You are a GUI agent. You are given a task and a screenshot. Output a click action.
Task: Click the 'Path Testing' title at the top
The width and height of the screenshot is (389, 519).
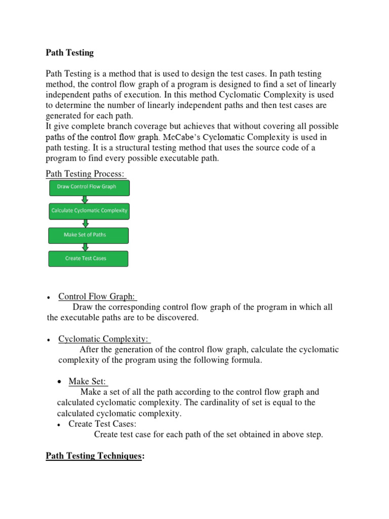point(70,52)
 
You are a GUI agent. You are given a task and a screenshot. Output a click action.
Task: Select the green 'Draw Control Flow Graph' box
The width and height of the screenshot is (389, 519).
point(89,187)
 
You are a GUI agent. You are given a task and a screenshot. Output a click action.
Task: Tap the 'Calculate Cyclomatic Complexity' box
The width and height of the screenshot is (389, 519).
point(89,211)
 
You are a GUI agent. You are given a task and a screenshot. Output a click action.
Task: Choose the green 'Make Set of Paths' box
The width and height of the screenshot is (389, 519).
point(89,235)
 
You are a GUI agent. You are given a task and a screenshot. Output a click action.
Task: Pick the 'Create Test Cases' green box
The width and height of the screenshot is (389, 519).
point(89,258)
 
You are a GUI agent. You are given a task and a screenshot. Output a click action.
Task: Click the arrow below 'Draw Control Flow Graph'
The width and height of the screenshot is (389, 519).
point(85,199)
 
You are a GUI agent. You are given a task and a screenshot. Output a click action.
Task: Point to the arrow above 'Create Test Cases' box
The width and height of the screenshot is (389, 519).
point(85,247)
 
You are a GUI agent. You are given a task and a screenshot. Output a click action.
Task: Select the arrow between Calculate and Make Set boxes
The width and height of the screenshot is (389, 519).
point(86,223)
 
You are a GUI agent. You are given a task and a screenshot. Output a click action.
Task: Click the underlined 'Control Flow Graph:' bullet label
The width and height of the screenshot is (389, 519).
point(98,296)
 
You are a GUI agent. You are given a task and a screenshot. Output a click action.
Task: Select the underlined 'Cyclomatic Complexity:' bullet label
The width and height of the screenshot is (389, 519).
point(104,339)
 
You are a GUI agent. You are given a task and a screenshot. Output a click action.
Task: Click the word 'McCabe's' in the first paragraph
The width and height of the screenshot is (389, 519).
point(181,136)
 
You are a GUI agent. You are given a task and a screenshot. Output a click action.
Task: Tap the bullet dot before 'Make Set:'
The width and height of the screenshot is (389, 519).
point(60,382)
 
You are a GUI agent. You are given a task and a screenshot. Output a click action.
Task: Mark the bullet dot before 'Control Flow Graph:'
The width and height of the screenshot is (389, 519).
point(48,298)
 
